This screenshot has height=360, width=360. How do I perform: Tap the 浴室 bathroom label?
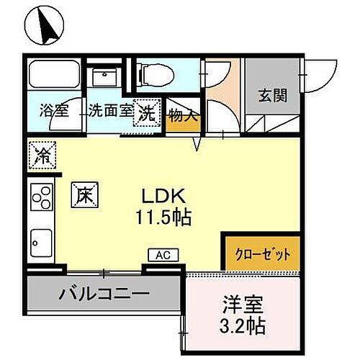tap(52, 112)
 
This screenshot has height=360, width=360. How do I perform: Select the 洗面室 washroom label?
tap(109, 112)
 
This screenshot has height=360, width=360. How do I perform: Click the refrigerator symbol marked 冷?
tap(42, 153)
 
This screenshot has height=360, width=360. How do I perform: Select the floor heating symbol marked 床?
tap(84, 194)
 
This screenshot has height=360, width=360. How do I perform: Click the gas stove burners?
tap(41, 195)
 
